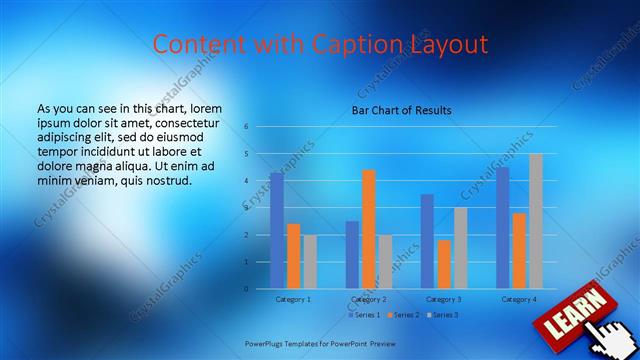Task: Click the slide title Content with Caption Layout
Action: [320, 44]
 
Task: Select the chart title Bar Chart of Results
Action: [401, 110]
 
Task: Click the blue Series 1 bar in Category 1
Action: [277, 230]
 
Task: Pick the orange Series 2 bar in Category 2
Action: [369, 229]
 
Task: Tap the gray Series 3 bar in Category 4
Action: [536, 221]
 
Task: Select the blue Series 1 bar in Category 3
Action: [428, 241]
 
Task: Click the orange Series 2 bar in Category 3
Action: [444, 264]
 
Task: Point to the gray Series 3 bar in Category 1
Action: [310, 262]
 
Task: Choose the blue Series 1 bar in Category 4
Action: [503, 227]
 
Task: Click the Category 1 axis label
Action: [293, 299]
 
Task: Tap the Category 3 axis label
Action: [444, 299]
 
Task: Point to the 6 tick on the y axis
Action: [246, 127]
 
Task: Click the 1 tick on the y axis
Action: [246, 262]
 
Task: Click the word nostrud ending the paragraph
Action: [164, 180]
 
